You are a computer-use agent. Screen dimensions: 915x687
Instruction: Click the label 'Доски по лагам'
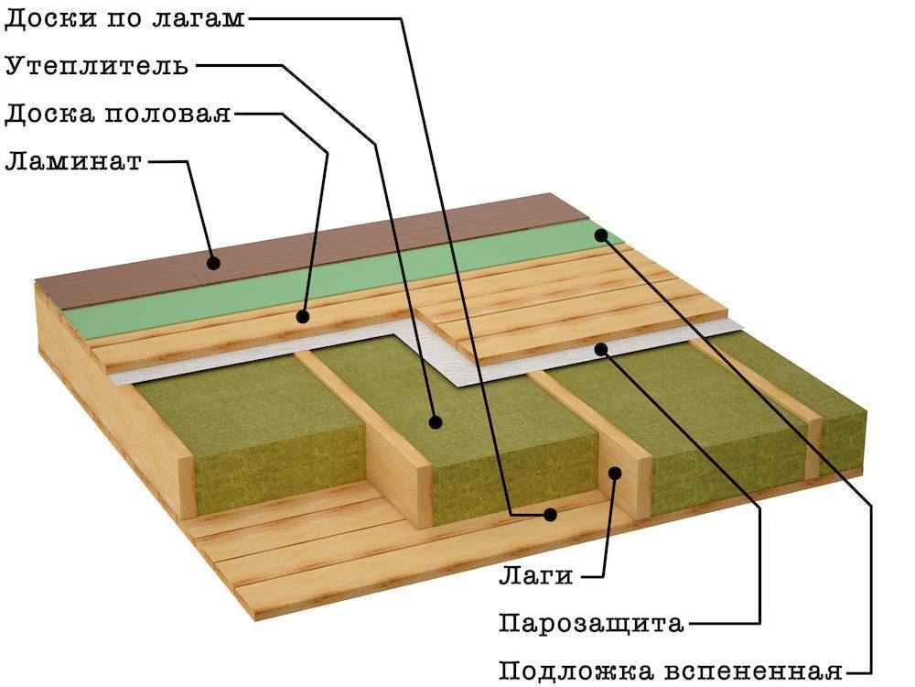(x=124, y=18)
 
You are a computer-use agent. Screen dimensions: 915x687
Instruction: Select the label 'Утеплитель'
(x=97, y=65)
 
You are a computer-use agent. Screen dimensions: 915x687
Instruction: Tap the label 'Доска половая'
(x=118, y=113)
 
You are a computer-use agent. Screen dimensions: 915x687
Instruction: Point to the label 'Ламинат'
(x=73, y=160)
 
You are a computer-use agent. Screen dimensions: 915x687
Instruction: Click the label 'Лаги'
(x=536, y=576)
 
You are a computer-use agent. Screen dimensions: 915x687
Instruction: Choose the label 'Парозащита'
(x=591, y=623)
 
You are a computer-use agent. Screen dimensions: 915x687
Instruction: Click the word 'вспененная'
(x=753, y=671)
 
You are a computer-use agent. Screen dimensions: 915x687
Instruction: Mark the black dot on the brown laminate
(x=213, y=264)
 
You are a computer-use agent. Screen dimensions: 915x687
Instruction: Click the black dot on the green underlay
(x=601, y=235)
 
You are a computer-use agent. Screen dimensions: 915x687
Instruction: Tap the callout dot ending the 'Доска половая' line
(x=302, y=317)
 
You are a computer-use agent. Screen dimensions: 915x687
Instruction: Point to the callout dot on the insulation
(x=434, y=421)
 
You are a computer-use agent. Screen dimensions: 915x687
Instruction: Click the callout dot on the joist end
(x=615, y=473)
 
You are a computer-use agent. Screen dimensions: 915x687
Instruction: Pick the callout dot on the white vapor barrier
(x=601, y=349)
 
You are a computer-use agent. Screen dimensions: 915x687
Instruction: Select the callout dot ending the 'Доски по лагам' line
(x=550, y=514)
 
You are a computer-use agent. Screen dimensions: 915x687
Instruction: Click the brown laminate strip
(x=304, y=250)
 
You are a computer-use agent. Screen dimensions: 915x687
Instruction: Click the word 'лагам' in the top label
(x=199, y=19)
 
